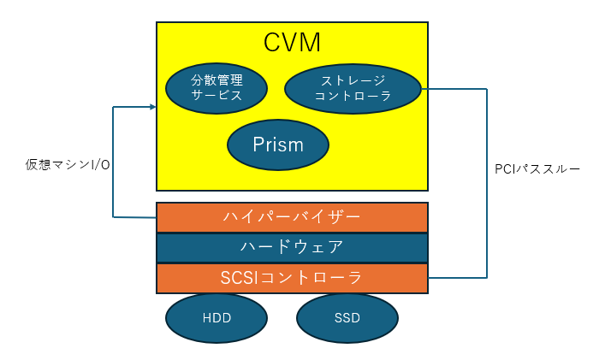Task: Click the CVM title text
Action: (x=292, y=42)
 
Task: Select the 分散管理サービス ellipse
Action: (x=217, y=88)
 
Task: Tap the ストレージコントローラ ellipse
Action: (x=353, y=88)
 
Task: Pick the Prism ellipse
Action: (x=278, y=145)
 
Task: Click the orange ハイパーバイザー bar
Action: (x=292, y=217)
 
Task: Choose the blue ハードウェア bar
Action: (x=292, y=248)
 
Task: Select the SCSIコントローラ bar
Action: (x=292, y=278)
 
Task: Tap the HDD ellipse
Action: (x=217, y=318)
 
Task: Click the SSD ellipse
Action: (x=347, y=318)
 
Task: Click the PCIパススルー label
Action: (x=537, y=169)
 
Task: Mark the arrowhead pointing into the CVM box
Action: (x=151, y=107)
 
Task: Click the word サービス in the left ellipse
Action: (x=217, y=96)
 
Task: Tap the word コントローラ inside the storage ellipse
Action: (x=353, y=97)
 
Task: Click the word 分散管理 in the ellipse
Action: (x=217, y=80)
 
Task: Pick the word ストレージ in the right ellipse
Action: (x=353, y=80)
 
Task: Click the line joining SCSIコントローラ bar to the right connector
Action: (x=458, y=278)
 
